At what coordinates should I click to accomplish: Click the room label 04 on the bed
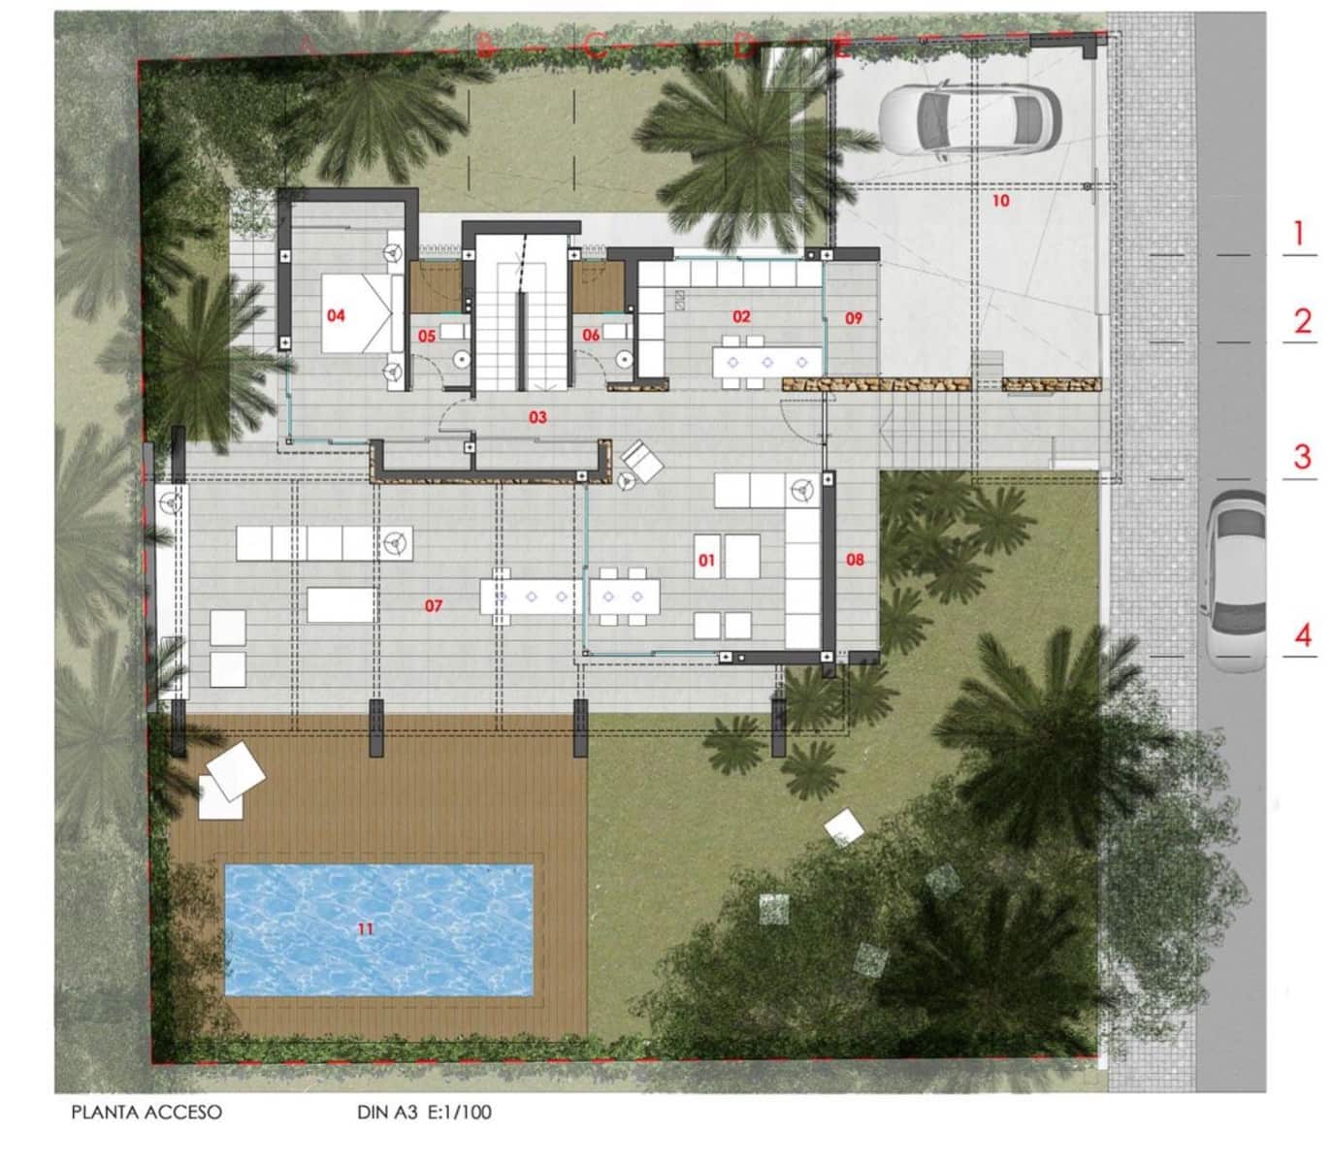(x=336, y=315)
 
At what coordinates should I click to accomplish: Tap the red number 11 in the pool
(x=365, y=929)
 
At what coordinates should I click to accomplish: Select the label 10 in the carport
(x=1001, y=201)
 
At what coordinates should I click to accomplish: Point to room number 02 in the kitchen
(x=741, y=316)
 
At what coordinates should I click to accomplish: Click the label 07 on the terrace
(x=433, y=606)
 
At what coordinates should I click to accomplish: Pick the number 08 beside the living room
(x=855, y=560)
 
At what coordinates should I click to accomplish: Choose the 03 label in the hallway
(x=537, y=417)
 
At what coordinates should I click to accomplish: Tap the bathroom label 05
(x=427, y=336)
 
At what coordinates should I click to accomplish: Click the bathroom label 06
(x=591, y=336)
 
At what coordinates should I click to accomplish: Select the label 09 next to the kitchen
(x=854, y=318)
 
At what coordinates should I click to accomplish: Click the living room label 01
(x=706, y=560)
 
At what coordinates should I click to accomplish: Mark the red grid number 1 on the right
(x=1299, y=234)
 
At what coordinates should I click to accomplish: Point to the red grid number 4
(x=1302, y=636)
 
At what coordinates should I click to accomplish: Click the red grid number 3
(x=1302, y=457)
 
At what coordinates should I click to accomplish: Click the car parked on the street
(x=1236, y=580)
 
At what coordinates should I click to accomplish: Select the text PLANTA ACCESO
(x=146, y=1113)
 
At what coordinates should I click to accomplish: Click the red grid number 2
(x=1302, y=321)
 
